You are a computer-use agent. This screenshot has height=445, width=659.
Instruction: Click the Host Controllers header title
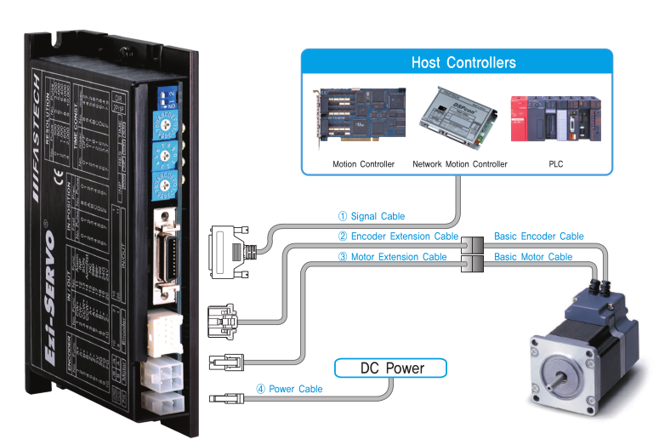click(463, 63)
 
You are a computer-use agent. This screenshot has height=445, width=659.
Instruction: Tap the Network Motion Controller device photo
click(457, 116)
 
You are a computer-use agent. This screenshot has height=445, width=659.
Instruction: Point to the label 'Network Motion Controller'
click(459, 163)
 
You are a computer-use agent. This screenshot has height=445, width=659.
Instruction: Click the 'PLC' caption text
click(557, 163)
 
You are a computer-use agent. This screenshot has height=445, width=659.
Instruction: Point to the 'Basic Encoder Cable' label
click(538, 237)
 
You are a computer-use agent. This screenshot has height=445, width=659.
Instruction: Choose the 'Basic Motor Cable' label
click(533, 257)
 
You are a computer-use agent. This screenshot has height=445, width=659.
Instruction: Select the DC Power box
click(391, 368)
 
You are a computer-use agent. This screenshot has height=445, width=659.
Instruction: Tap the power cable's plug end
click(226, 397)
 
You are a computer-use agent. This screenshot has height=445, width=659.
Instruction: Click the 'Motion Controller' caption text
click(363, 163)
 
